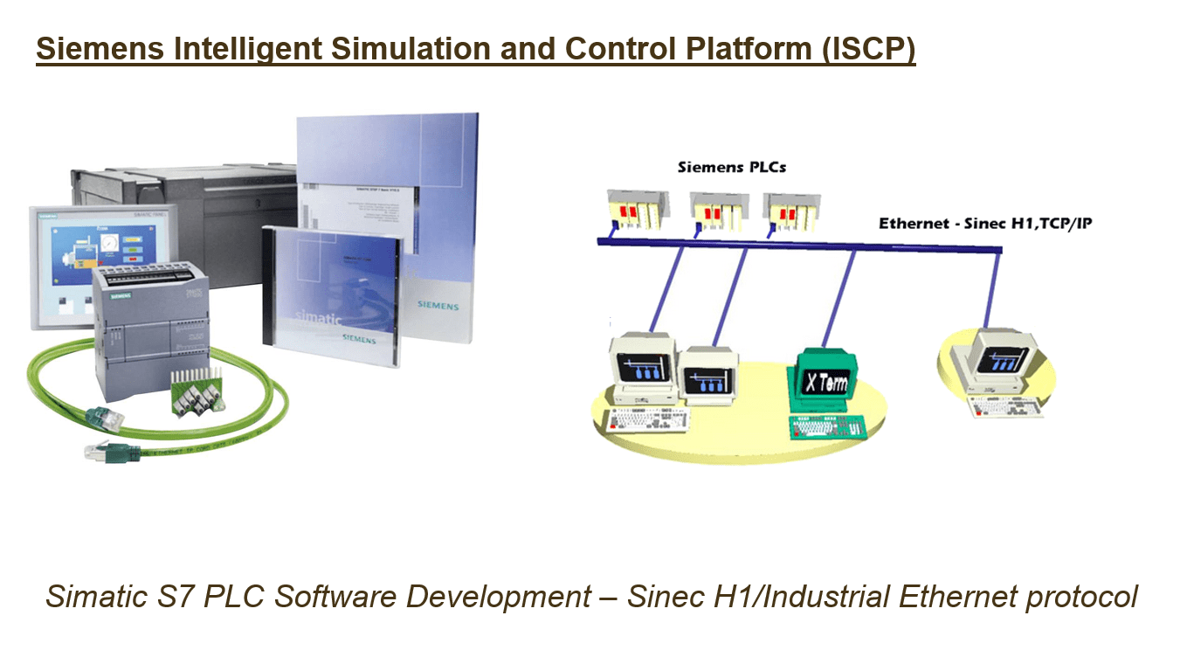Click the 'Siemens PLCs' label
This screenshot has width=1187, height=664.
point(731,166)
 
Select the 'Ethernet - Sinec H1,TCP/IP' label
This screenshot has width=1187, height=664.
point(984,224)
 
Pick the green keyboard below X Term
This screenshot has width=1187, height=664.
point(825,428)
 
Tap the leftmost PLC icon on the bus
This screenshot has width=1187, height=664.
point(639,213)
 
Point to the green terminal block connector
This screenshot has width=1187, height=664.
point(196,393)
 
